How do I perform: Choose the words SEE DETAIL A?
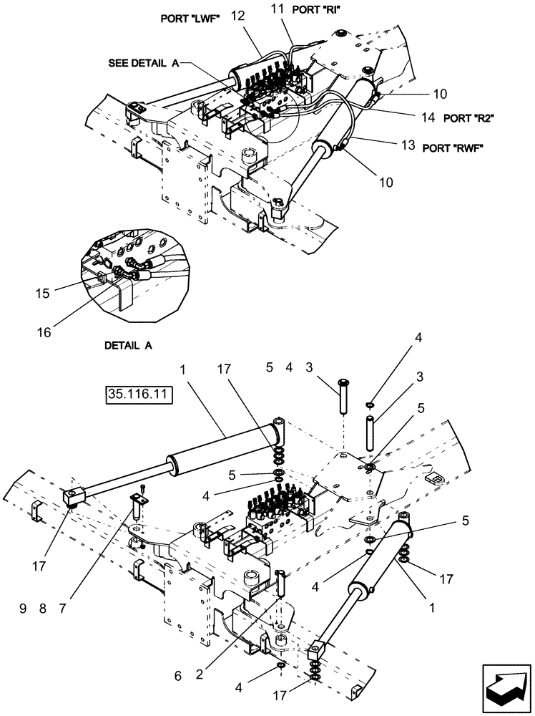[x=144, y=63]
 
